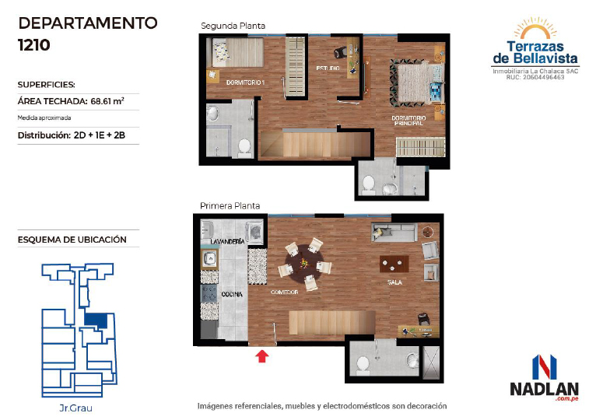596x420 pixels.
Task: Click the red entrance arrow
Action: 262,356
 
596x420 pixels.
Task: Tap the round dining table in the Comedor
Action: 304,263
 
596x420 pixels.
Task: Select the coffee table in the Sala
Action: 394,264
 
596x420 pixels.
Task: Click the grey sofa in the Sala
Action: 394,232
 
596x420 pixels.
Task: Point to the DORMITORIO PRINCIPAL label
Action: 408,121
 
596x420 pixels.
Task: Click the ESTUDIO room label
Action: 328,68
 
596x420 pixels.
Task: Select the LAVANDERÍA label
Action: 227,241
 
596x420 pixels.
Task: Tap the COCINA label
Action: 232,294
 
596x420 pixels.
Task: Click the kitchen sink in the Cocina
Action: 209,259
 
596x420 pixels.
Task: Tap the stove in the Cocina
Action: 209,293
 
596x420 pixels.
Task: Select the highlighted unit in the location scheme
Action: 96,320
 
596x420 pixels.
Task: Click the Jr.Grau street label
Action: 75,408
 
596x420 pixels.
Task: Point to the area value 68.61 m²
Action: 107,101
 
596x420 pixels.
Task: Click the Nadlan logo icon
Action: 545,367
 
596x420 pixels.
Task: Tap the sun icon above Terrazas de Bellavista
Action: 535,28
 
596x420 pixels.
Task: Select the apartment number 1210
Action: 34,45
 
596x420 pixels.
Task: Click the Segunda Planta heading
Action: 233,26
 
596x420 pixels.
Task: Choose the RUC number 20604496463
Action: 544,77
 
